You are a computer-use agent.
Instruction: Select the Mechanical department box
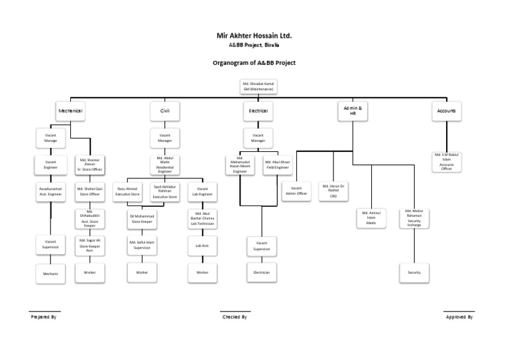(70, 111)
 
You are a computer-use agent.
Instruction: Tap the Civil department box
(165, 111)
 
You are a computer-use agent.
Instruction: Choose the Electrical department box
(258, 111)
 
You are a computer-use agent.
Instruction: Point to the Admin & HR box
(353, 110)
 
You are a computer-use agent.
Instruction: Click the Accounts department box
(447, 111)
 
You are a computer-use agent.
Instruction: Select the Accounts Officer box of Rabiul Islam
(447, 162)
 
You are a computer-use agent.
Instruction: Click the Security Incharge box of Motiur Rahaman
(414, 217)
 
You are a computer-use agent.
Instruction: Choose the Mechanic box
(50, 272)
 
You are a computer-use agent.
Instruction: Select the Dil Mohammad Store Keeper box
(142, 218)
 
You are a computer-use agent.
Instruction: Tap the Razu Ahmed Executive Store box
(128, 191)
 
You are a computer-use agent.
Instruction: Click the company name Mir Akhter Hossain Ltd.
(254, 35)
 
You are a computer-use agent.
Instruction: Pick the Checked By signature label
(235, 317)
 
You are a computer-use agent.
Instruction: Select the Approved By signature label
(459, 317)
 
